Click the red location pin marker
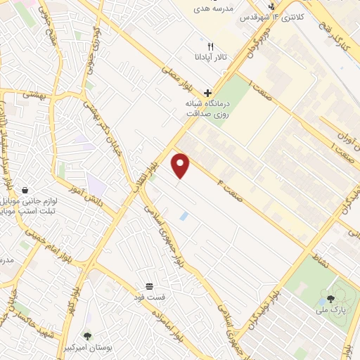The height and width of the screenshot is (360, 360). pos(181,166)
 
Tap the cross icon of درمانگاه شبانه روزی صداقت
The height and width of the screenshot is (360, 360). pos(207,93)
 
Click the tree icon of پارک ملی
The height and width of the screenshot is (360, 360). pos(330,299)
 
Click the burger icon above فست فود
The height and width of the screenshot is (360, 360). pos(149,286)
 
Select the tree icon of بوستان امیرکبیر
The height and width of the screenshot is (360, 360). pos(88,336)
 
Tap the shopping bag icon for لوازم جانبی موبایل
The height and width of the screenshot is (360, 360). pos(25,190)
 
